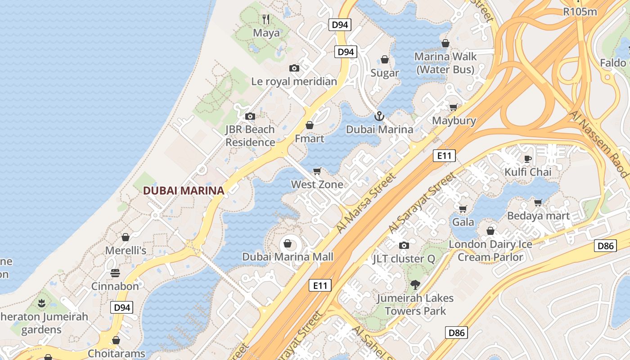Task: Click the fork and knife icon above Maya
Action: pyautogui.click(x=266, y=19)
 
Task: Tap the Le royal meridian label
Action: pyautogui.click(x=294, y=81)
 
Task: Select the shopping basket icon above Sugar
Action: pyautogui.click(x=385, y=59)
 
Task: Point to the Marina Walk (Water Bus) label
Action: pyautogui.click(x=445, y=63)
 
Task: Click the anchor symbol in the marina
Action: pyautogui.click(x=379, y=116)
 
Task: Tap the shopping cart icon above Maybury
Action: pyautogui.click(x=454, y=107)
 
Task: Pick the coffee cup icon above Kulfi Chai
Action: pyautogui.click(x=528, y=158)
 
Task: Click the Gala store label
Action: pyautogui.click(x=463, y=222)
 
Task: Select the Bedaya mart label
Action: pyautogui.click(x=538, y=216)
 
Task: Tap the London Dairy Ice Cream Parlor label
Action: pyautogui.click(x=490, y=251)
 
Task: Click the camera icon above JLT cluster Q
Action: pyautogui.click(x=404, y=245)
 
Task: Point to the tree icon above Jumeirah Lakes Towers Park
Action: pyautogui.click(x=415, y=284)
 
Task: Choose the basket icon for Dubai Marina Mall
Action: pyautogui.click(x=287, y=244)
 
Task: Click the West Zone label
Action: pyautogui.click(x=317, y=184)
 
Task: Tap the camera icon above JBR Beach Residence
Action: pyautogui.click(x=250, y=116)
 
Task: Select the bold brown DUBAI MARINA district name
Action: pyautogui.click(x=184, y=190)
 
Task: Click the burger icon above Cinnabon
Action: pyautogui.click(x=115, y=273)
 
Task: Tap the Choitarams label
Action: pyautogui.click(x=116, y=353)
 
